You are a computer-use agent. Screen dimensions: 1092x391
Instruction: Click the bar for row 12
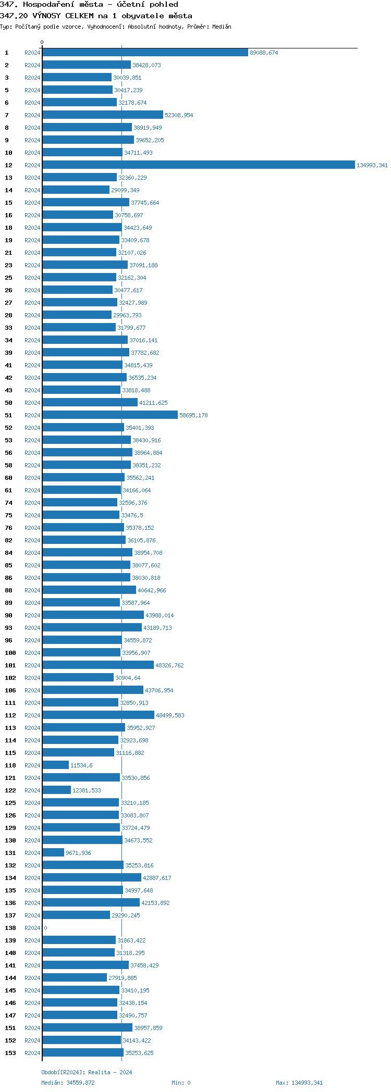pos(198,165)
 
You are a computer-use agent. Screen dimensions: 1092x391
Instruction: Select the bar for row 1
pos(145,52)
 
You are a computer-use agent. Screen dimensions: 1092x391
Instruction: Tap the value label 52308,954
pos(179,115)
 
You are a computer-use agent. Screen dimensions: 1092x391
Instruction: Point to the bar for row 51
pos(110,415)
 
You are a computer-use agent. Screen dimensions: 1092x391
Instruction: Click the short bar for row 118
pos(55,765)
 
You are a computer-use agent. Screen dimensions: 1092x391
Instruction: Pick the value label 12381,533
pos(87,790)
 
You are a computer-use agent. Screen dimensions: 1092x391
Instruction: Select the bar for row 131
pos(53,852)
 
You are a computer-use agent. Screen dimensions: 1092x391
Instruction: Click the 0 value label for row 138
pos(45,928)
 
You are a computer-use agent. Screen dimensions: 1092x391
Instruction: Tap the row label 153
pos(10,1053)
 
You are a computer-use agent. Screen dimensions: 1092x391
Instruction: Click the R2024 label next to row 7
pos(32,115)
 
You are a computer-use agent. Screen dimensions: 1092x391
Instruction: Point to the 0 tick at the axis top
pos(42,42)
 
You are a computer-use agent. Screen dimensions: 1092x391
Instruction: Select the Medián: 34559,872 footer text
pos(68,1083)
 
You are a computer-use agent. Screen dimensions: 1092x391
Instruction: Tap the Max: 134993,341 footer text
pos(299,1083)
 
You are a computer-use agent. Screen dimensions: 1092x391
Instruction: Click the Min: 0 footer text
pos(181,1083)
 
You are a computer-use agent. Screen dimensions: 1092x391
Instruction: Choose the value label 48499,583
pos(170,715)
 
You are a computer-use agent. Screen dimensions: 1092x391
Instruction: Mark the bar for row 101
pos(98,665)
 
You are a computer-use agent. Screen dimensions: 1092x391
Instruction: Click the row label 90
pos(9,615)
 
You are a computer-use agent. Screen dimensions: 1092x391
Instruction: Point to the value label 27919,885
pos(123,978)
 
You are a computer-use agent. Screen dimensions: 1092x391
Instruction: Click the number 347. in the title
pos(9,4)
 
